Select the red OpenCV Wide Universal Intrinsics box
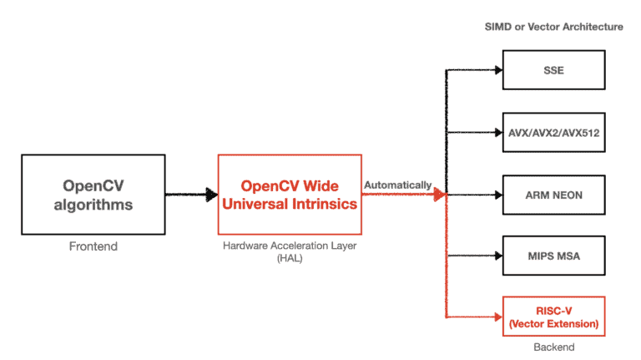[289, 194]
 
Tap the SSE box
[553, 70]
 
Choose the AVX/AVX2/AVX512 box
[553, 132]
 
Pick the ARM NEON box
[553, 194]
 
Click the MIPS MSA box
[553, 256]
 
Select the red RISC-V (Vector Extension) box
[553, 317]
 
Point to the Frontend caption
[93, 246]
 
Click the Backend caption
[553, 347]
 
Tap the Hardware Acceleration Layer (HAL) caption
[289, 252]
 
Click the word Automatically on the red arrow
[397, 185]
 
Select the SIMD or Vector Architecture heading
[553, 27]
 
